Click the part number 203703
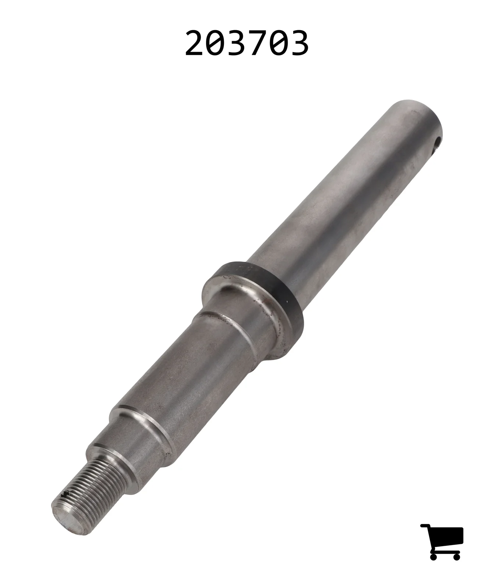246,43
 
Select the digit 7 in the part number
256,43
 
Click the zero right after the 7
278,43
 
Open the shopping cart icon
442,542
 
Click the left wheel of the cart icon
433,556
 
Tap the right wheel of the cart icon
456,556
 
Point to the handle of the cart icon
426,526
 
